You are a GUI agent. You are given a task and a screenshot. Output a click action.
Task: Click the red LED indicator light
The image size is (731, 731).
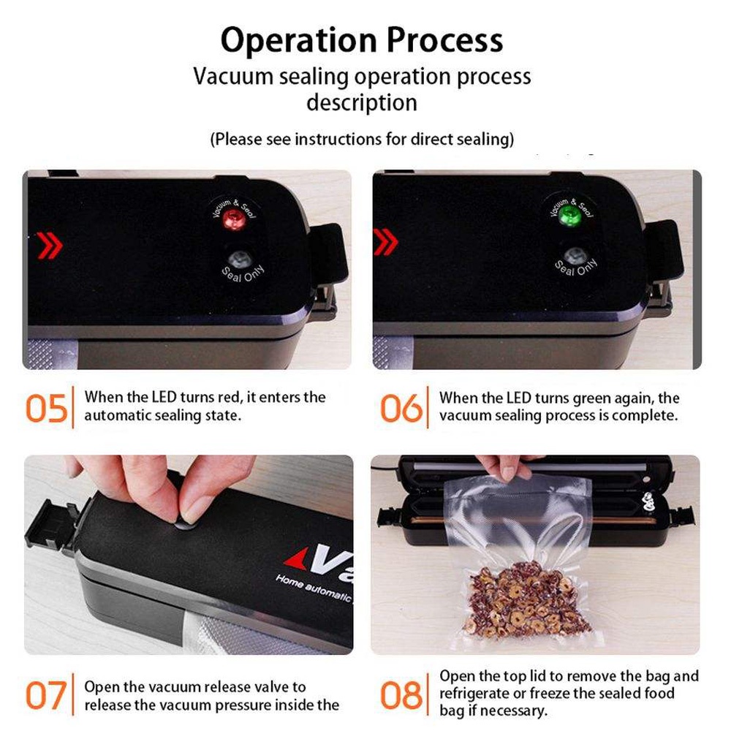click(x=234, y=219)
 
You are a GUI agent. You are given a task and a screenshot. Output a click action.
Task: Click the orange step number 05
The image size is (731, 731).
click(x=46, y=409)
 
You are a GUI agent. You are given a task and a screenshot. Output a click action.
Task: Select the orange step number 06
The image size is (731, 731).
click(x=401, y=409)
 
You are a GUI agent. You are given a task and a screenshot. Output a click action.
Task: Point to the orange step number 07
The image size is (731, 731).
click(x=45, y=695)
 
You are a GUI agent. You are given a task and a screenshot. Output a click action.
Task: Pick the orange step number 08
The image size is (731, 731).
click(x=401, y=695)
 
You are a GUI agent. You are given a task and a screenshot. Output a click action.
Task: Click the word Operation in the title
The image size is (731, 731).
click(x=298, y=41)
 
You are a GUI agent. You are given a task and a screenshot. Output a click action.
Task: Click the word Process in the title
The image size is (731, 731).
click(x=444, y=39)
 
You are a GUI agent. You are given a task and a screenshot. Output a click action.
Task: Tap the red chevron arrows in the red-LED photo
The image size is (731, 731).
click(x=50, y=245)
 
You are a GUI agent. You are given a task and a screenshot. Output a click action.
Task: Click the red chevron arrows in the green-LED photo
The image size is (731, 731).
click(x=385, y=242)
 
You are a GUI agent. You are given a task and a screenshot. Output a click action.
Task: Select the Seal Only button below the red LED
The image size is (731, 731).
click(x=238, y=259)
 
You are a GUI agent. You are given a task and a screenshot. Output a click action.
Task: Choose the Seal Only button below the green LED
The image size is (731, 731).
click(x=575, y=256)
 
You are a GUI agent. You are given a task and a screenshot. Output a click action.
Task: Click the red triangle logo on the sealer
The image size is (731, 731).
click(x=297, y=558)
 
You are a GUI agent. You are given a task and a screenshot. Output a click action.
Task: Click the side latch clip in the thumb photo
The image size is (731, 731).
click(x=52, y=525)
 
